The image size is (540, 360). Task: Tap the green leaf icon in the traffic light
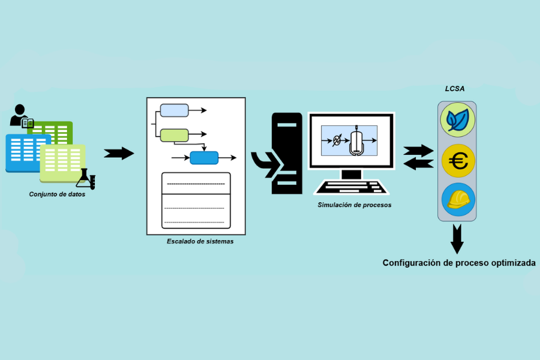(458, 119)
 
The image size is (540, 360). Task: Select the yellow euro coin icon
(458, 161)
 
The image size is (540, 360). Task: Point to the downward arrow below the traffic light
(457, 239)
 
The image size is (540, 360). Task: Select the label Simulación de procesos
(354, 205)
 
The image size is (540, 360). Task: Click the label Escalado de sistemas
(200, 241)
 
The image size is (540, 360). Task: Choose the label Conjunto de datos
(57, 194)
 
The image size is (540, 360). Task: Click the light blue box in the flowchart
(174, 110)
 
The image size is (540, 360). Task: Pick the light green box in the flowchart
(174, 135)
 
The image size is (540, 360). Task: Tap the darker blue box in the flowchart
(204, 158)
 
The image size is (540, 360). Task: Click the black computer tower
(286, 153)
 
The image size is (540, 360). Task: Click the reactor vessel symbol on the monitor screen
(357, 142)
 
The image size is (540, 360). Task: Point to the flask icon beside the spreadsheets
(86, 178)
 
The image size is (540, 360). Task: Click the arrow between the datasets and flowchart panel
(119, 153)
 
